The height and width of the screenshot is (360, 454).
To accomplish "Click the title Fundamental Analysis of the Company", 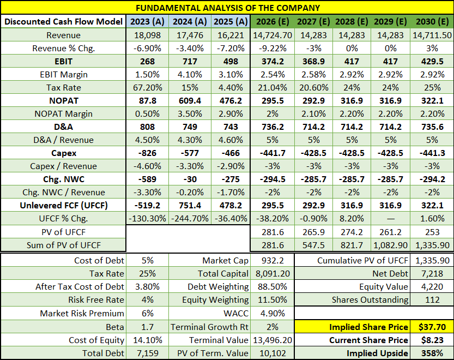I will click(227, 8).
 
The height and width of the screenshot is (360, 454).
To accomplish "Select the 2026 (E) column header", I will click(273, 22).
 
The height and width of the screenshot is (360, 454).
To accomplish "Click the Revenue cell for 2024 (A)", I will click(190, 35).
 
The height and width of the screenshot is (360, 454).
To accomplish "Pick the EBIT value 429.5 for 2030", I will click(433, 61).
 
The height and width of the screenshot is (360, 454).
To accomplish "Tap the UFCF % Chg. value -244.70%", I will click(190, 218).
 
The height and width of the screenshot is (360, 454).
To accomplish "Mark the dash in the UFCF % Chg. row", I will click(391, 218).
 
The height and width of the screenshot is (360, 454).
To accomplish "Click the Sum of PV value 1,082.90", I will click(391, 245).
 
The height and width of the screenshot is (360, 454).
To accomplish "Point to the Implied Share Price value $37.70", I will click(433, 327).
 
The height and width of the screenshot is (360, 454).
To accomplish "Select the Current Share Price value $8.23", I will click(433, 340).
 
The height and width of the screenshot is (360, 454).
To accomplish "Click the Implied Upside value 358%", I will click(433, 353).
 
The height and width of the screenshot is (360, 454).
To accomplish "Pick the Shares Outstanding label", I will click(370, 299).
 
